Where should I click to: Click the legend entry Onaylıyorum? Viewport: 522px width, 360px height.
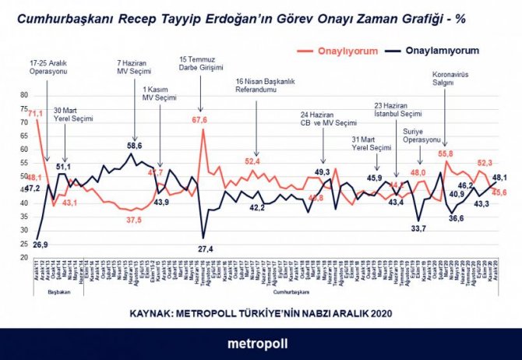[349, 51]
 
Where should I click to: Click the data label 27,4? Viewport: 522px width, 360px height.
[206, 248]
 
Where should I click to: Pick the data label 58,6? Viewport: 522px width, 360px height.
[134, 145]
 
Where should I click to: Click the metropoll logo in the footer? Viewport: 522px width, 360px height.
[260, 343]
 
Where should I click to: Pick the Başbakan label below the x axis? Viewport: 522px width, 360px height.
[58, 295]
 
